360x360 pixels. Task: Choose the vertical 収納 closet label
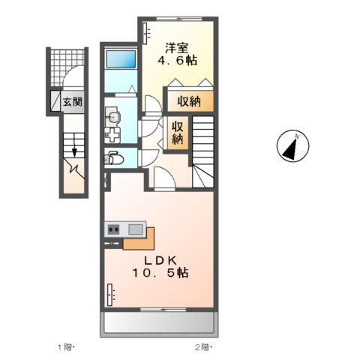click(177, 133)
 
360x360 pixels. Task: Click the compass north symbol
click(295, 146)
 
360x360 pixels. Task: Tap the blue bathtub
click(120, 61)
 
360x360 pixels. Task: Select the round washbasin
click(113, 115)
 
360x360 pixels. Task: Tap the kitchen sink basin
click(135, 229)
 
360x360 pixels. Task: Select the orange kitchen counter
click(138, 241)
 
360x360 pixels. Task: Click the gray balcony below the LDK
click(157, 323)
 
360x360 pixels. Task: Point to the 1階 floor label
click(66, 347)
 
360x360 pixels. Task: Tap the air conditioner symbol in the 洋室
click(145, 34)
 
